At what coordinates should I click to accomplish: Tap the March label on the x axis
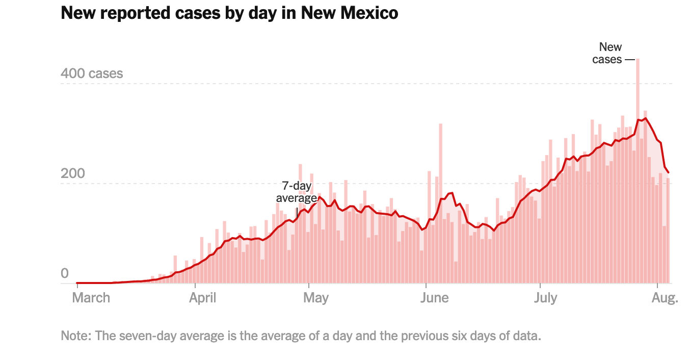click(91, 298)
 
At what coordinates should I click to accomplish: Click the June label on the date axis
click(435, 298)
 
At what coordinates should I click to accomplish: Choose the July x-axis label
click(545, 298)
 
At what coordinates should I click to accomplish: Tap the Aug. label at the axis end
click(666, 298)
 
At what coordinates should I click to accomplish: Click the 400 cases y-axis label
click(92, 73)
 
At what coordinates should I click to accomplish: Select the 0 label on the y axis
click(65, 274)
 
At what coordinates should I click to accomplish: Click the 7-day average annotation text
click(297, 192)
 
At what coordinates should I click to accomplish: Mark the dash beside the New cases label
click(630, 60)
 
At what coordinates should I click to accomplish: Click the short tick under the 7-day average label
click(297, 212)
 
